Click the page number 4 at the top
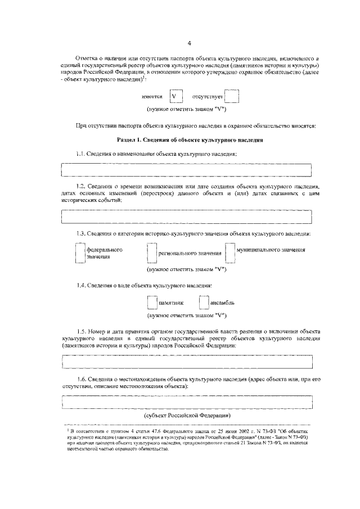(x=190, y=43)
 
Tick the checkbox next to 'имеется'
(x=177, y=96)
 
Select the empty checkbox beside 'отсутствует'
(x=232, y=96)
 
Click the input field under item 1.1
(x=186, y=170)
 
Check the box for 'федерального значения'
(x=80, y=253)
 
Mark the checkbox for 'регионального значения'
(x=151, y=253)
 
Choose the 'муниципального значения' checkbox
(x=229, y=253)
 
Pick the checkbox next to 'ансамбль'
(x=204, y=303)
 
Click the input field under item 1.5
(x=186, y=362)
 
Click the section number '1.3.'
(x=83, y=233)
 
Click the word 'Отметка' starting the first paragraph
(x=87, y=58)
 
